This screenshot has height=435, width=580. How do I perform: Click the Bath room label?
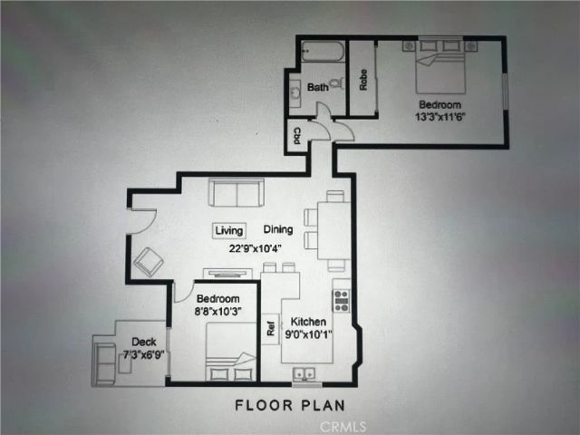(318, 87)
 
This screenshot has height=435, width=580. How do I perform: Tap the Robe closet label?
(363, 80)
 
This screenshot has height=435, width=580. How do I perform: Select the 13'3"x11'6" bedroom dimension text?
(440, 117)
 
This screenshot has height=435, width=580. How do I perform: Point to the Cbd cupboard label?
(296, 136)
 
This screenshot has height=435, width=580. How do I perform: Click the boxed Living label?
(229, 231)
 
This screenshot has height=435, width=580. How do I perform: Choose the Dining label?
(278, 229)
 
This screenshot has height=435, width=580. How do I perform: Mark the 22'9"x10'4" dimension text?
(256, 248)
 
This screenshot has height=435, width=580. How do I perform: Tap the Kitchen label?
(308, 322)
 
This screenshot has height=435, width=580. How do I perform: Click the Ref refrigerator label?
(271, 328)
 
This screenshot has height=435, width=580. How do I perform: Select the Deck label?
(144, 342)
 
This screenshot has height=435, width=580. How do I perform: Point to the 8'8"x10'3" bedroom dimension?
(217, 312)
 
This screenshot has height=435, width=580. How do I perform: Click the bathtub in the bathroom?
(323, 51)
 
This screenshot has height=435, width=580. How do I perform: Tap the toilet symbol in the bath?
(336, 83)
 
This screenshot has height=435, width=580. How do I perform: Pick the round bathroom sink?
(295, 92)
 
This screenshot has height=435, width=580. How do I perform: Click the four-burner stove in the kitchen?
(342, 300)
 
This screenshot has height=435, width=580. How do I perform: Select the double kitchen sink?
(304, 374)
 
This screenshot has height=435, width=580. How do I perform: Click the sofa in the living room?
(237, 192)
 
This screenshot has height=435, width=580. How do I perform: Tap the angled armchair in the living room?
(149, 262)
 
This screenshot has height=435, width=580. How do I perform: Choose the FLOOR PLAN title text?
(290, 405)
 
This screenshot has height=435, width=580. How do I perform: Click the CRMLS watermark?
(343, 427)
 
